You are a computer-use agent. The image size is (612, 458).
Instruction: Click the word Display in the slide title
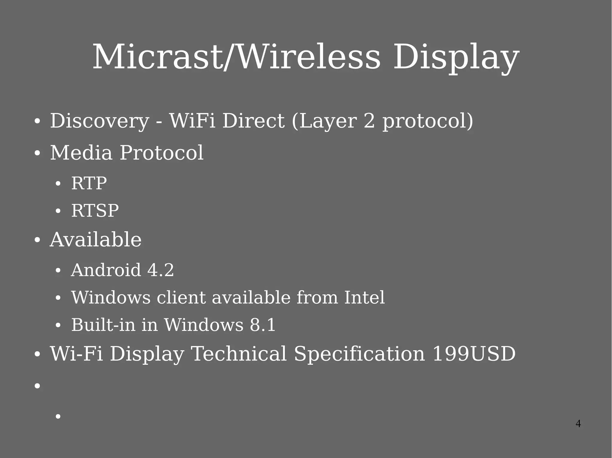pos(456,57)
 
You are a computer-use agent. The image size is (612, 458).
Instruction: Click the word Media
pos(81,153)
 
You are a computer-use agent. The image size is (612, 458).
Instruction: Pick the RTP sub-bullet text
pos(89,183)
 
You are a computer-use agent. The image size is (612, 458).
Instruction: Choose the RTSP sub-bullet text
pos(95,211)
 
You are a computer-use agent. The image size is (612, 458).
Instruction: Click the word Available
pos(96,240)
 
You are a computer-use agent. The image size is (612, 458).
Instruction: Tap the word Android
pos(106,270)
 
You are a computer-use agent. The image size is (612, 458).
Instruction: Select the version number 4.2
pos(160,270)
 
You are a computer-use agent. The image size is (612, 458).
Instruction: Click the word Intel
pos(364,297)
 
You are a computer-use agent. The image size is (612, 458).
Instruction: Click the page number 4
pos(578,424)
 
